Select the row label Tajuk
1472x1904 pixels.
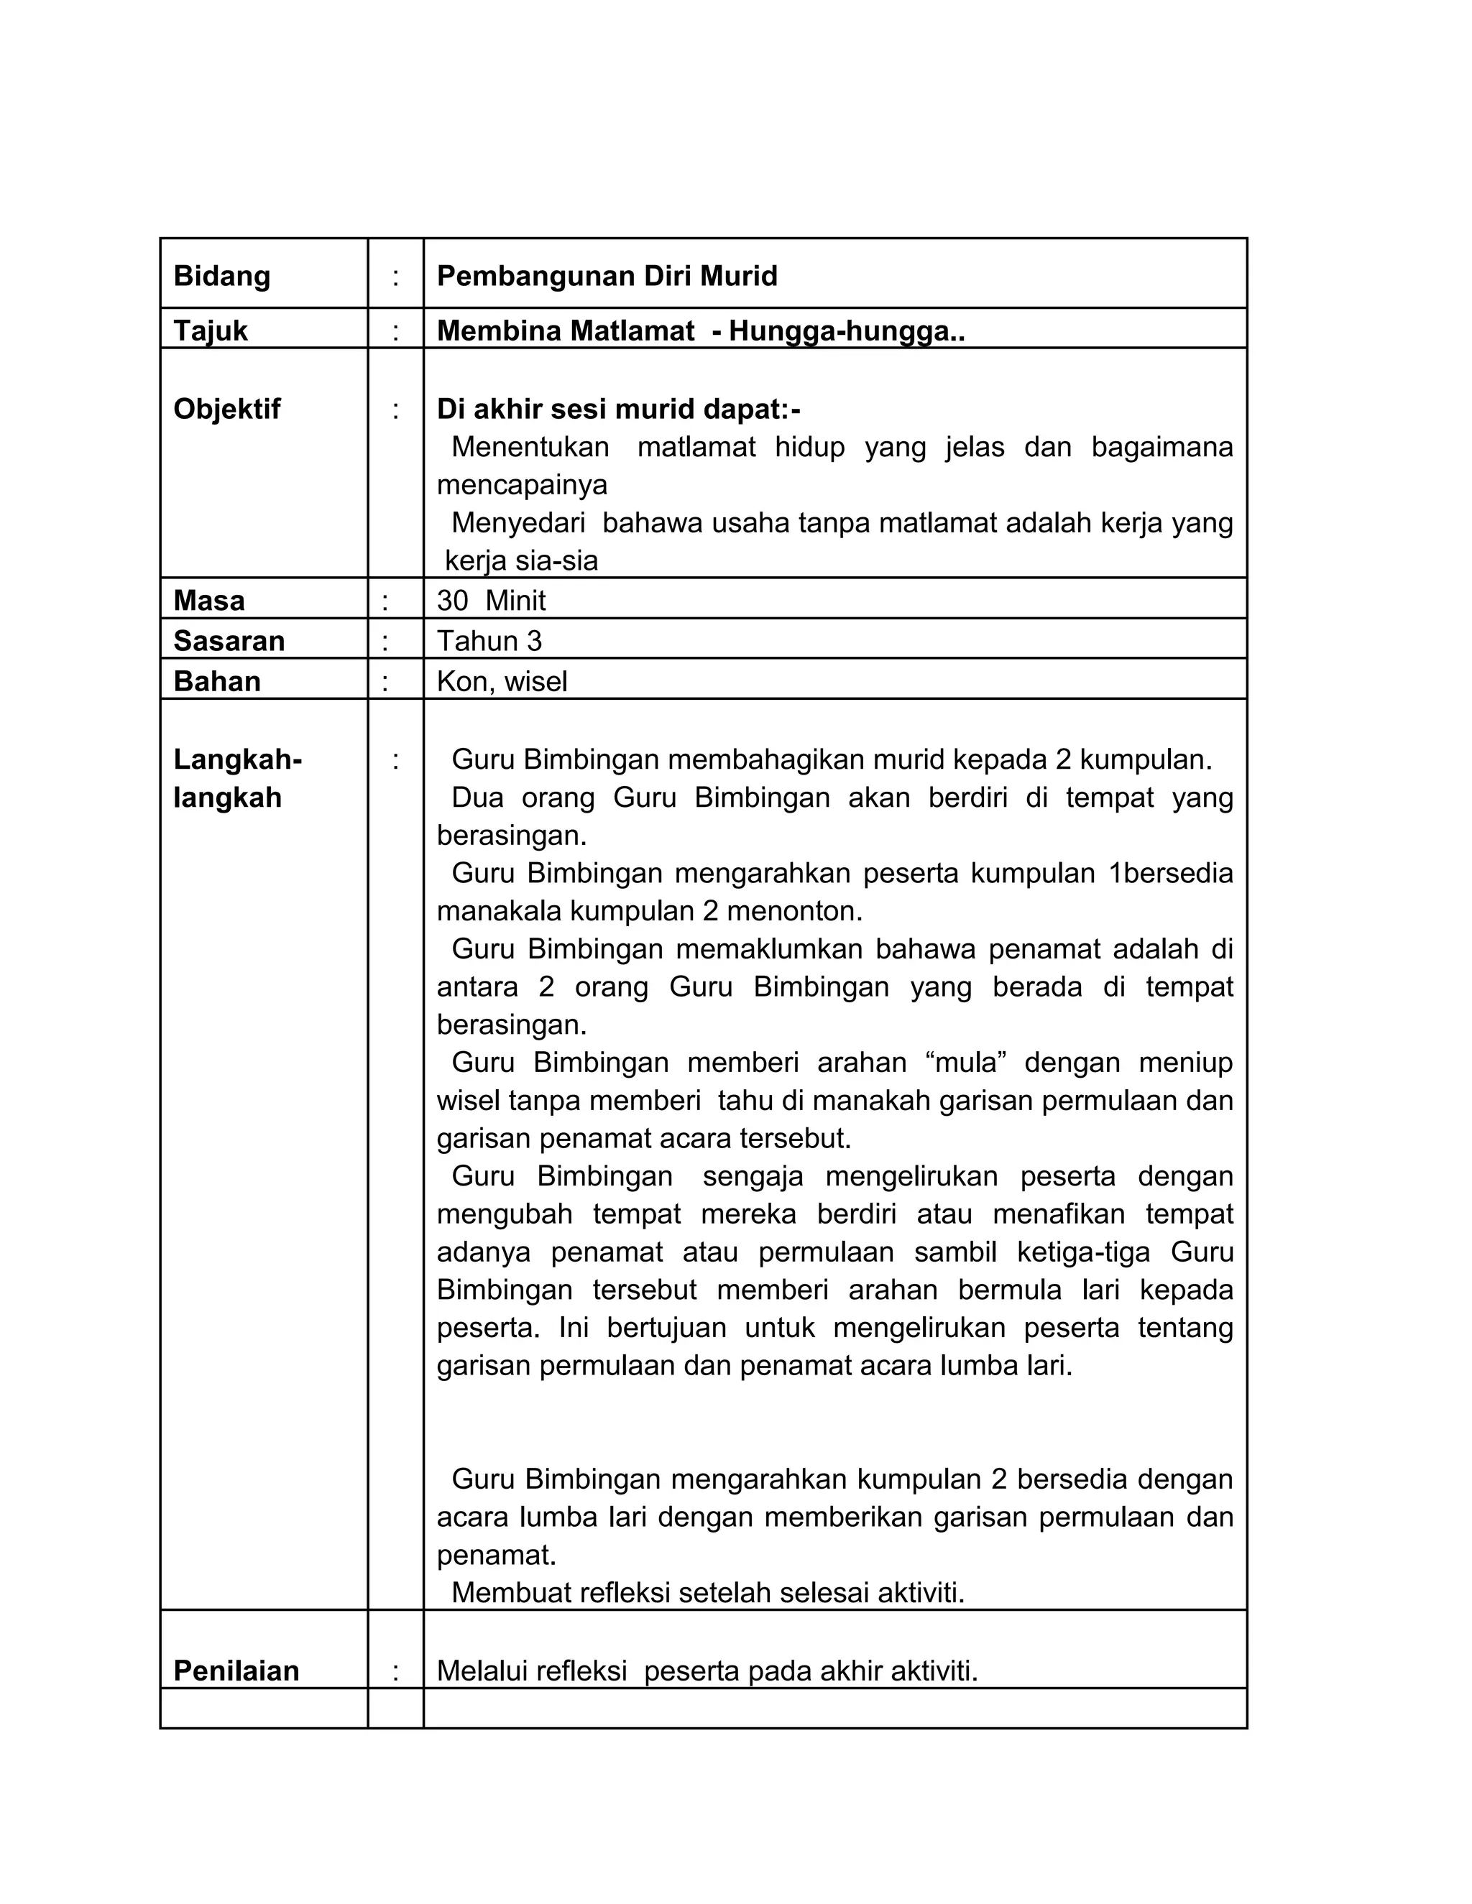click(x=210, y=331)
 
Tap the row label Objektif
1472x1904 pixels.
click(x=226, y=409)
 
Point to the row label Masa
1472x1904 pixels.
click(x=208, y=601)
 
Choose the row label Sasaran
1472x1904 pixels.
click(x=229, y=641)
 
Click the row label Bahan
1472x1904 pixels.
click(x=216, y=681)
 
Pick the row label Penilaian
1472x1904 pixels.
click(x=236, y=1670)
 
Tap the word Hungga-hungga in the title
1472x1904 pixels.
click(x=838, y=331)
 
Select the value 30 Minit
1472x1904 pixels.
click(x=491, y=601)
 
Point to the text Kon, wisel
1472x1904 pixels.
click(x=502, y=681)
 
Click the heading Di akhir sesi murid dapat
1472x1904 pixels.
click(x=617, y=409)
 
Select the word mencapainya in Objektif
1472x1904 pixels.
click(x=522, y=485)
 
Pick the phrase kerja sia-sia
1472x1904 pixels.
click(x=522, y=560)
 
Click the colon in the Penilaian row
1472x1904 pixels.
click(x=395, y=1670)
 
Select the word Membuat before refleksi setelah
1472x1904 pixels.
click(x=510, y=1593)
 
